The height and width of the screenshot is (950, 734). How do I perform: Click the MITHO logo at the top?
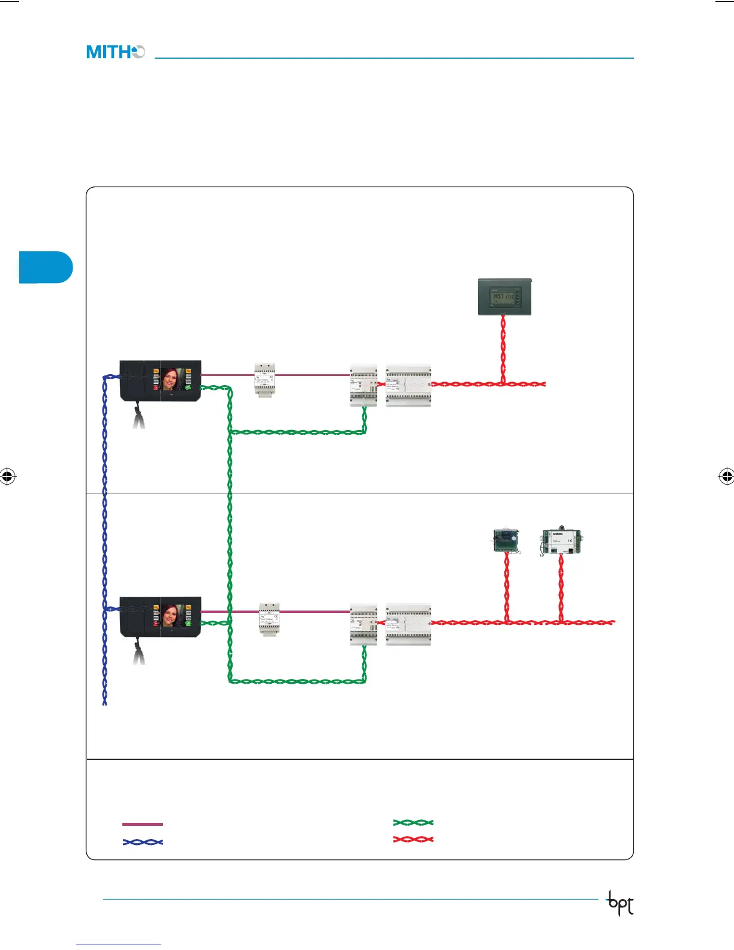pos(115,52)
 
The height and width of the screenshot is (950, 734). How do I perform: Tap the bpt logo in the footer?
pos(621,903)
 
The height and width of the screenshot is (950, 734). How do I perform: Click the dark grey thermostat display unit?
pos(504,296)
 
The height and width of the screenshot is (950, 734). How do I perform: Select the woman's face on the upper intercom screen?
pos(172,379)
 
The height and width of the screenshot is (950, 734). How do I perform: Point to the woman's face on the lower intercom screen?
pos(172,615)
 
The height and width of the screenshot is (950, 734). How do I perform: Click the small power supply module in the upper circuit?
pos(264,380)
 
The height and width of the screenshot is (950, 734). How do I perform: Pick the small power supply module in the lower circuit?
pos(269,618)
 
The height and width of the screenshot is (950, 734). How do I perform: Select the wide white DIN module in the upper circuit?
pos(408,384)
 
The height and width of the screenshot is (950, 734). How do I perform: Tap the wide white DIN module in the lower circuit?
pos(408,624)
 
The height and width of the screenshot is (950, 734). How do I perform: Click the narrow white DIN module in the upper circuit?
pos(363,384)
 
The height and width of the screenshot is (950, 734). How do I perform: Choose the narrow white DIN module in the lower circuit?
pos(363,624)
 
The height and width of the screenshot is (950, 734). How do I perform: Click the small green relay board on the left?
pos(506,540)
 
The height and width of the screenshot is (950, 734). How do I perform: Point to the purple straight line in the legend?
pos(143,824)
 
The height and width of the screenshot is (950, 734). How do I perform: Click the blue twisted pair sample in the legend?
pos(143,842)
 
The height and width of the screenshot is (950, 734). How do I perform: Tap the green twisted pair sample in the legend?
pos(413,822)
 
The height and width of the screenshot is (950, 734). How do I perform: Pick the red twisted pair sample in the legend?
pos(413,839)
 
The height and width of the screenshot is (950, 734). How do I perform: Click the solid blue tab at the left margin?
pos(46,267)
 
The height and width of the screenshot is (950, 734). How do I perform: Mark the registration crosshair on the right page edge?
pos(726,477)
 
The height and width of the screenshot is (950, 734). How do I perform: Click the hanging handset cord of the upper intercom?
pos(139,417)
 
